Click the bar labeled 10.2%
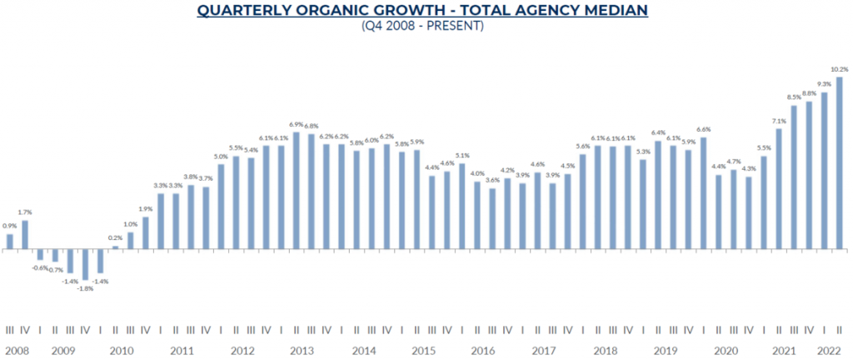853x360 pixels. (840, 162)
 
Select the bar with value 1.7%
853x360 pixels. (25, 234)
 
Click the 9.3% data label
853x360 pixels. (824, 84)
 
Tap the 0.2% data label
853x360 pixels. (115, 238)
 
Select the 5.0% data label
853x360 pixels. (221, 157)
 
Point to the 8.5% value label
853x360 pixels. (794, 97)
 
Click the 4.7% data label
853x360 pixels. (734, 162)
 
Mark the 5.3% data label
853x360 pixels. (643, 152)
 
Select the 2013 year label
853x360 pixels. (302, 352)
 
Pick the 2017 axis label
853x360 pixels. (544, 352)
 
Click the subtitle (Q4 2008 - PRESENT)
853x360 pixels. (422, 26)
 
